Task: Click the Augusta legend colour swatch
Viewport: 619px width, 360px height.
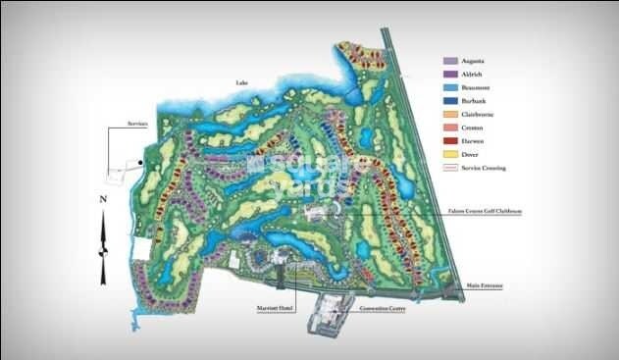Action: coord(450,61)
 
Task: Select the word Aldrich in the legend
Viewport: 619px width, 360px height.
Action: coord(475,75)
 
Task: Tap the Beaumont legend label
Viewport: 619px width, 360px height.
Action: coord(478,87)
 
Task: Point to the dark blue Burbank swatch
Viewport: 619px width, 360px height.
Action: coord(450,101)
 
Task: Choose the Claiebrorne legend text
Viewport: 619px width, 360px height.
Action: coord(481,115)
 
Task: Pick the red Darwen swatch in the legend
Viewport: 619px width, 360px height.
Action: coord(450,141)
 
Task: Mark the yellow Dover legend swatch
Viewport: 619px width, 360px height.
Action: coord(450,155)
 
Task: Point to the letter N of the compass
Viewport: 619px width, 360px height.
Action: coord(101,199)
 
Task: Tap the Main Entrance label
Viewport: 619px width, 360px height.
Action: coord(487,285)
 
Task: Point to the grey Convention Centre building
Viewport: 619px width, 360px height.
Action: coord(332,316)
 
